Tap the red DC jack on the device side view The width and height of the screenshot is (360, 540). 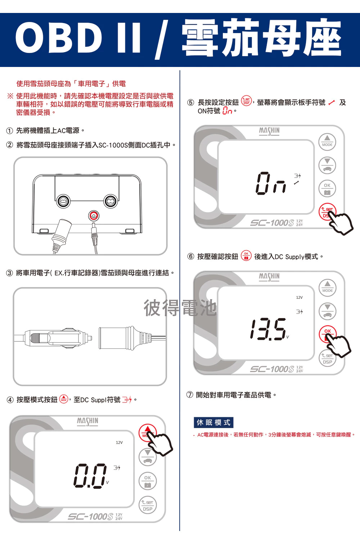coord(94,215)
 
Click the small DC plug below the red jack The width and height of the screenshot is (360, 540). coord(94,238)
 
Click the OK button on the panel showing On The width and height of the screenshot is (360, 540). coord(327,189)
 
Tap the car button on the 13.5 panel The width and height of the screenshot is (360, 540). coord(328,311)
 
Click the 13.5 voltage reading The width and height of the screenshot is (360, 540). coord(268,329)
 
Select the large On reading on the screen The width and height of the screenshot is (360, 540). coord(271,183)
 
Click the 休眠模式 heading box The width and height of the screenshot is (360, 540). coord(213,422)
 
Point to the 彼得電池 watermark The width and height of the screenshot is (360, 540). coord(180,308)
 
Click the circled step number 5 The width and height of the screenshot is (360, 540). coord(190,103)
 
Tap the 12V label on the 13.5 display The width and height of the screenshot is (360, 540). coord(299,297)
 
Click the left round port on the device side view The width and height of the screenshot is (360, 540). coord(63,201)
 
